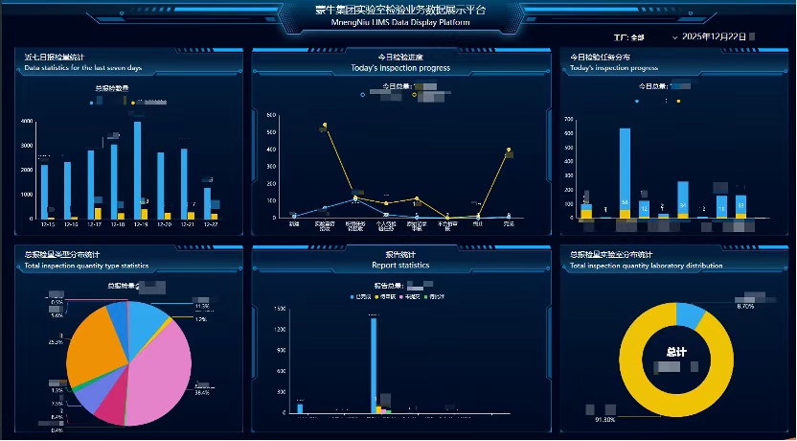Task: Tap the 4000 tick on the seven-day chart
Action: pos(27,122)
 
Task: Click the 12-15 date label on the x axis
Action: pos(47,225)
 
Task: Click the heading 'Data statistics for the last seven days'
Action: pos(83,69)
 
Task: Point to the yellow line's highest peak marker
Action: pos(325,125)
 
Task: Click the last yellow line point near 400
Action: pos(509,151)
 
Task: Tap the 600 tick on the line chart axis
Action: pos(271,115)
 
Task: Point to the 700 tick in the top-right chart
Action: pos(568,120)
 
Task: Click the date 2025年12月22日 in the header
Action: pos(713,36)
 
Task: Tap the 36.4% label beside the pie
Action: pos(202,393)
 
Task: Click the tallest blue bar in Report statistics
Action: pos(373,364)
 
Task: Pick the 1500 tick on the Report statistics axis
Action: pos(280,309)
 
